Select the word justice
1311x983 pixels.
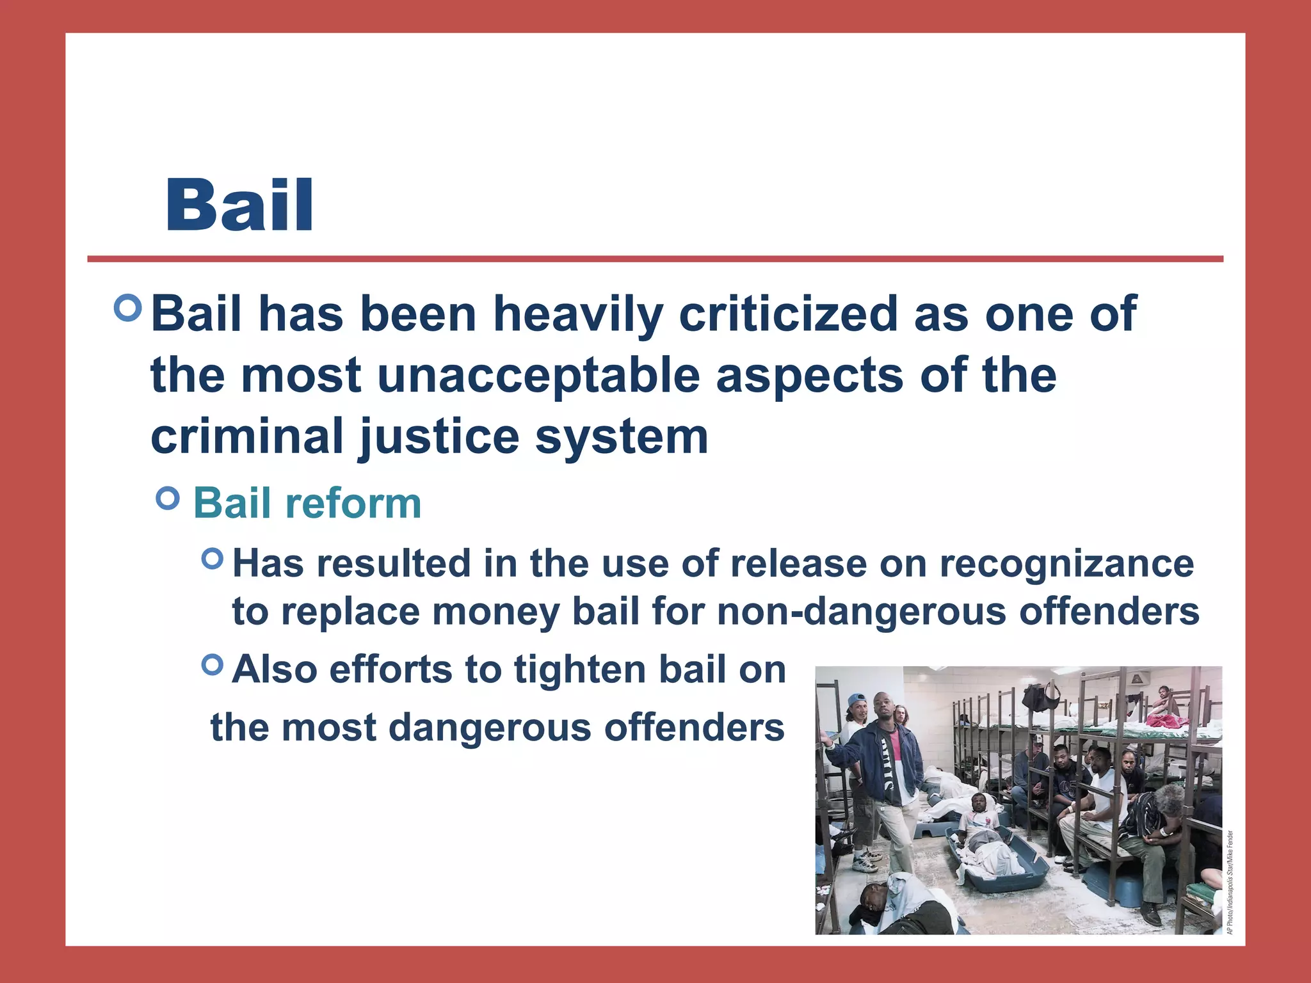point(439,437)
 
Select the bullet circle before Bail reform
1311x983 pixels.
point(168,499)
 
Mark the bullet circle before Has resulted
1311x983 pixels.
point(212,559)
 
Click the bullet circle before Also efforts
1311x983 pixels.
point(212,665)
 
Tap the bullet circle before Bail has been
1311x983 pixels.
point(128,308)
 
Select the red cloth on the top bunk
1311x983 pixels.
point(1166,720)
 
